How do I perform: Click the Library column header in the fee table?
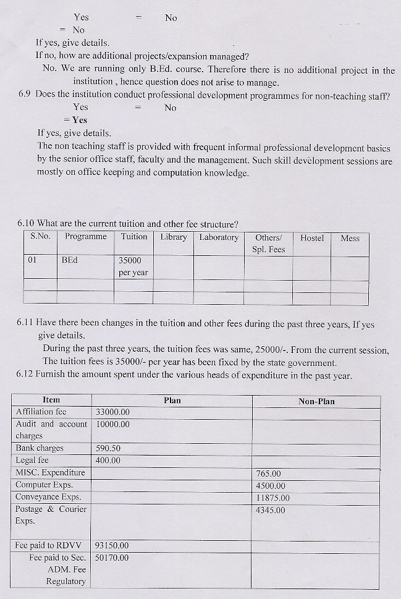point(174,237)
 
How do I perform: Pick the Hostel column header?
point(312,238)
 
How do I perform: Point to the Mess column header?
point(350,238)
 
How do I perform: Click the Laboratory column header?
point(219,237)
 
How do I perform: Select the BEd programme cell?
point(70,260)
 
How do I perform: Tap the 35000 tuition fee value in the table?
point(130,260)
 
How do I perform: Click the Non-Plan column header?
point(316,401)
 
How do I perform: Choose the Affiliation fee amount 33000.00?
point(112,412)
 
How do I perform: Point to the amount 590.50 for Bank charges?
point(108,448)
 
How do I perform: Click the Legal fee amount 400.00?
point(108,461)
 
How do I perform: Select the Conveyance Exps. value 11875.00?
point(272,498)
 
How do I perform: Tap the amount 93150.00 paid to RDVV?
point(112,545)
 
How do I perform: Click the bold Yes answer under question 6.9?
point(79,120)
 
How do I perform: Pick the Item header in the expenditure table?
point(51,401)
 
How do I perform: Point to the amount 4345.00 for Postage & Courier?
point(271,510)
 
